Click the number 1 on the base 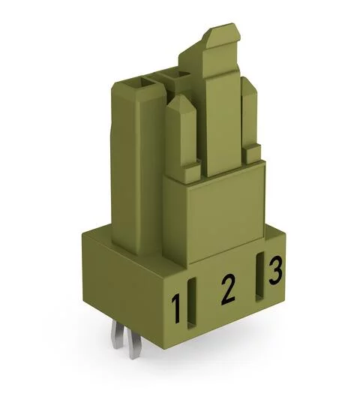point(177,307)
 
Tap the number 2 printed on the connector point(224,288)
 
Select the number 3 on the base point(274,270)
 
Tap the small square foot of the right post point(253,152)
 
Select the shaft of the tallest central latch point(221,113)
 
